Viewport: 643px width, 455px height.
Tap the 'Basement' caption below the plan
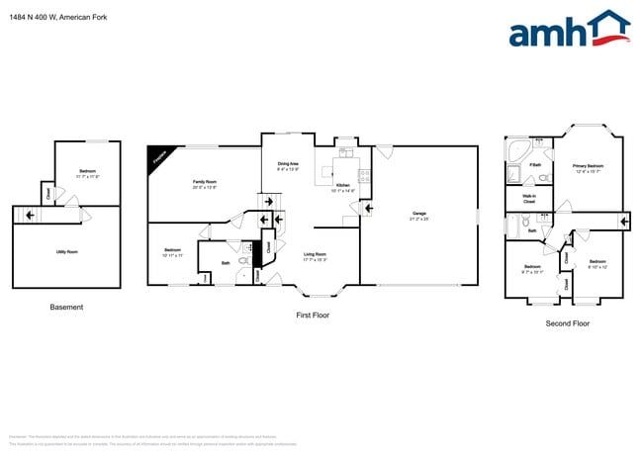coord(66,308)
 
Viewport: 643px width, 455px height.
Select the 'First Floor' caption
coord(312,316)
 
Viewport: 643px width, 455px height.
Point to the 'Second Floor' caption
coord(568,323)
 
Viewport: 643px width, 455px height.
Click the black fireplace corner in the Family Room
coord(157,156)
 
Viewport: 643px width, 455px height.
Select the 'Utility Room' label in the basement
coord(66,252)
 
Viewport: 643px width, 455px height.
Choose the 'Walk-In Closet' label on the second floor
coord(529,199)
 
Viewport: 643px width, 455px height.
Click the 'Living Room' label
coord(315,256)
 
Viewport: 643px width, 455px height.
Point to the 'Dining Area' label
coord(288,166)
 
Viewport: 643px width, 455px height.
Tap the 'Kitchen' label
coord(342,187)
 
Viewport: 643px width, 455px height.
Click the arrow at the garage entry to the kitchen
coord(369,209)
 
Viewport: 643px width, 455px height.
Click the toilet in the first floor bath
coord(243,261)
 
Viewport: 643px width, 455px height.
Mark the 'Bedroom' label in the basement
coord(87,173)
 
